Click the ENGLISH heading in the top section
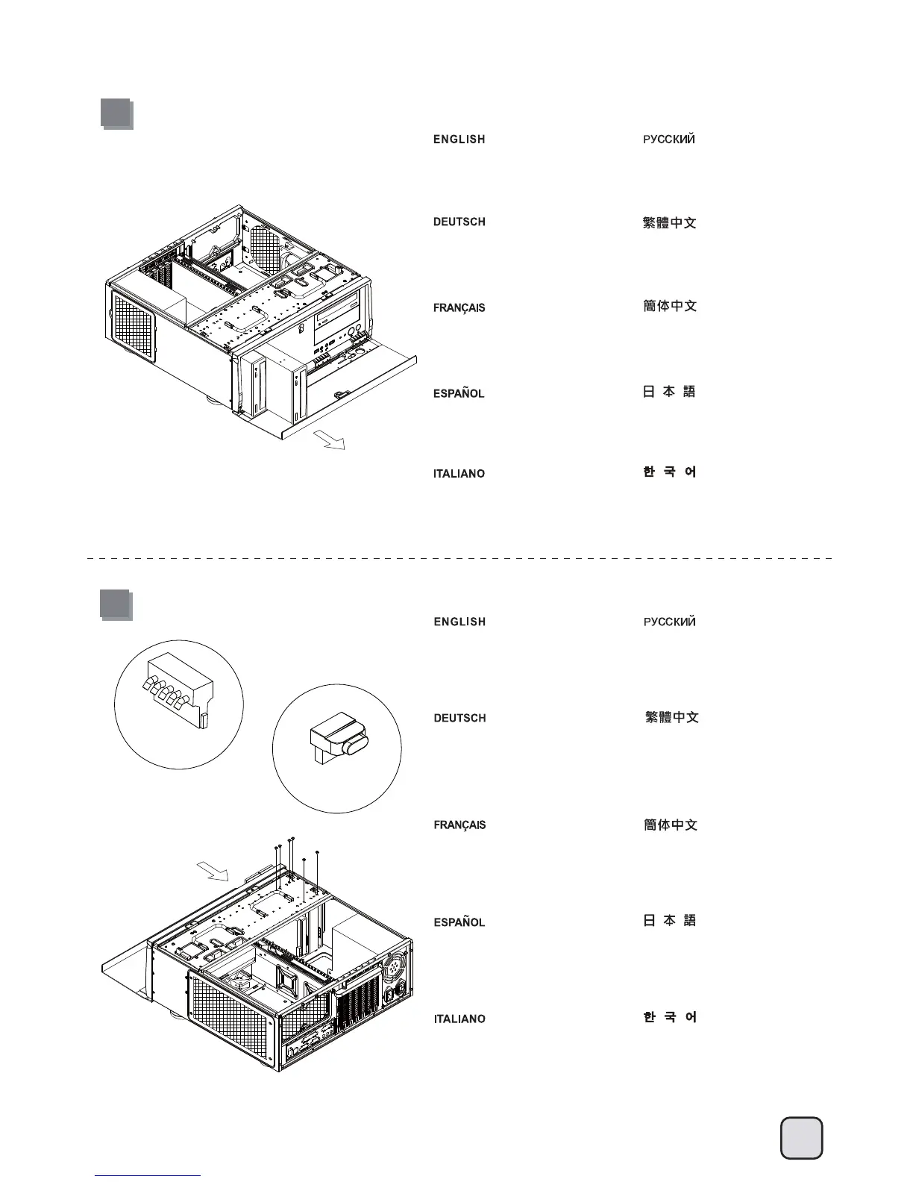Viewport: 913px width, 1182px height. point(459,140)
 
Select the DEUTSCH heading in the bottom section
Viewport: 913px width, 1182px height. point(459,718)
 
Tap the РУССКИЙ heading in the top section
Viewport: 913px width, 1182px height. point(669,140)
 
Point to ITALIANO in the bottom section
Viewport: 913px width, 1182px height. point(459,1019)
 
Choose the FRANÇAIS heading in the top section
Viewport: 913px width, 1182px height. point(459,307)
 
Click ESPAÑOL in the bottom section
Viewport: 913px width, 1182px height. point(459,922)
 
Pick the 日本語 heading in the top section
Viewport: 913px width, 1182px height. point(669,392)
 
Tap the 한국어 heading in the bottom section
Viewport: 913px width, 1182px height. point(670,1017)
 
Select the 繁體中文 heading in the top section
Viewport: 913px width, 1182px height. point(669,223)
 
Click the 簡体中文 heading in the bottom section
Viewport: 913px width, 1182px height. point(670,825)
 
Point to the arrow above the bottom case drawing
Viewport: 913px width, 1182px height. point(213,871)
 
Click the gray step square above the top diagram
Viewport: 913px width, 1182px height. point(116,114)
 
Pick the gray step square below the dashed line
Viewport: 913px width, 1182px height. point(116,604)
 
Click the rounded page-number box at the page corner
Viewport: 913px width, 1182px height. point(801,1138)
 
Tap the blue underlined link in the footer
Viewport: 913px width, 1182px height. point(148,1175)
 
